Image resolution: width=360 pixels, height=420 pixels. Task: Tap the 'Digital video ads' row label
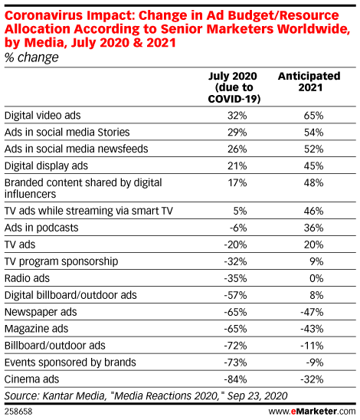[x=44, y=116]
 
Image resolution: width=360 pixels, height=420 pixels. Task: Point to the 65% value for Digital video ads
[x=312, y=116]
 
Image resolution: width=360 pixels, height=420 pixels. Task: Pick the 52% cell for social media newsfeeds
[x=312, y=148]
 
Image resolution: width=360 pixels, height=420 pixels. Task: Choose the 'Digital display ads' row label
[x=47, y=165]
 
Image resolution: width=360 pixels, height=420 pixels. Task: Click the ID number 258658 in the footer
[x=18, y=411]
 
